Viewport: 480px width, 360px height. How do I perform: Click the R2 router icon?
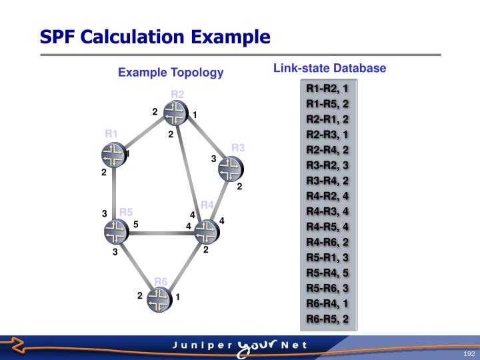click(x=175, y=113)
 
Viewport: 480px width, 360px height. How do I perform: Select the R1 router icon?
click(x=113, y=155)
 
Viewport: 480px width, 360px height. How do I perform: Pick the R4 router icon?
click(x=207, y=231)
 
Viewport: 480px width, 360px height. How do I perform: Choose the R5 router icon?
click(x=117, y=231)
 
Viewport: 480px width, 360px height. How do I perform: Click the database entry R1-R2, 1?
click(x=327, y=88)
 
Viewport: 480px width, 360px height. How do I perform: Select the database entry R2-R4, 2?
click(x=327, y=149)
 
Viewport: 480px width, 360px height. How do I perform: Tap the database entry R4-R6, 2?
click(x=327, y=241)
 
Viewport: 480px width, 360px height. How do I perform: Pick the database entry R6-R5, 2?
click(x=327, y=319)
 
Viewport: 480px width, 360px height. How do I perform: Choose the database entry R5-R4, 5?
click(x=327, y=272)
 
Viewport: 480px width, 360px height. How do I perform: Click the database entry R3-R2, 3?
click(x=327, y=165)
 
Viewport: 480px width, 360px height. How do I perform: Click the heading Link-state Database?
click(x=329, y=68)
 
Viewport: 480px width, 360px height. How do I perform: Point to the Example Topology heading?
click(x=171, y=72)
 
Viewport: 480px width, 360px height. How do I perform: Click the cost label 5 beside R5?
click(x=135, y=225)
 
